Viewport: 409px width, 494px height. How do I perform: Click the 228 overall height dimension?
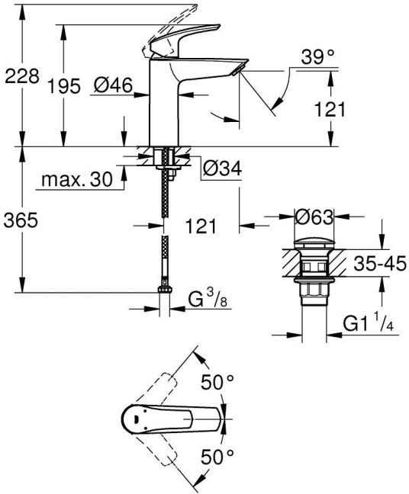click(x=22, y=76)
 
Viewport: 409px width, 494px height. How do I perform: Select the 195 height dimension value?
click(x=64, y=85)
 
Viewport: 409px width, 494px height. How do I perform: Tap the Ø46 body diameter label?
click(x=114, y=85)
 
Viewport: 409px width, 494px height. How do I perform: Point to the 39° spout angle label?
click(x=317, y=58)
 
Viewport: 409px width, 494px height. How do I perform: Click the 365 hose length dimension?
click(x=21, y=220)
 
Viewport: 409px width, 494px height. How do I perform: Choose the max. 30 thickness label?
click(x=77, y=180)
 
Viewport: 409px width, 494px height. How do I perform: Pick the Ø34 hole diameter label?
click(x=222, y=168)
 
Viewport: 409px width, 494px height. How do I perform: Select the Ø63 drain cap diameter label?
click(x=314, y=217)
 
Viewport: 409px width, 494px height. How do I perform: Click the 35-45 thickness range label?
click(x=380, y=263)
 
